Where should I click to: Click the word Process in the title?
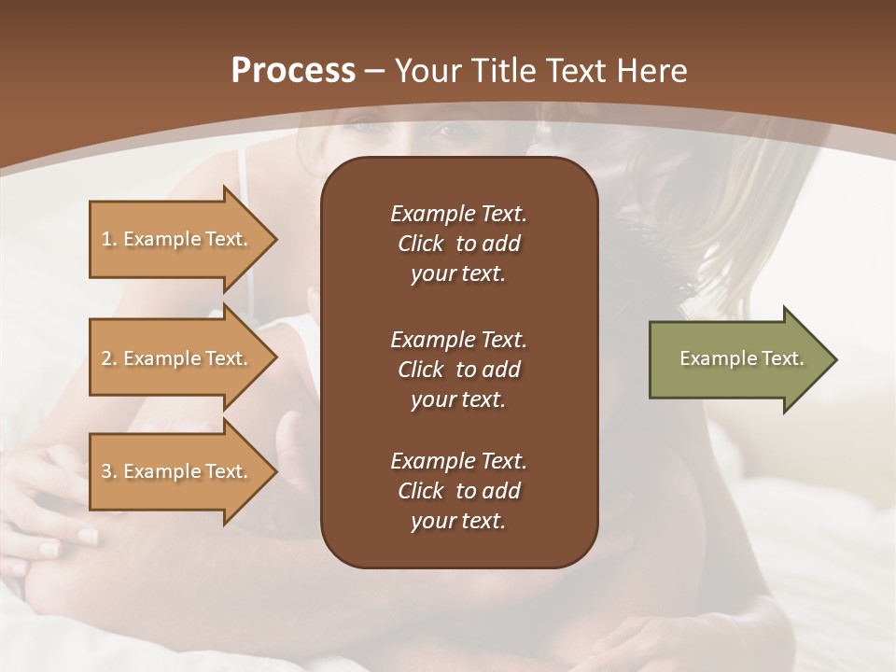293,71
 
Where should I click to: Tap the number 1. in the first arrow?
109,239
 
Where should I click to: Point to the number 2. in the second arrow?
109,358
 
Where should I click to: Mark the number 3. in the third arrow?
109,471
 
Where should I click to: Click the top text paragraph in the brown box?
458,244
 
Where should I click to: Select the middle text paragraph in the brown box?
458,370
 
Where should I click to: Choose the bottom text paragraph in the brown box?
458,491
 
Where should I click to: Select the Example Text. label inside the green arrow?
741,358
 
